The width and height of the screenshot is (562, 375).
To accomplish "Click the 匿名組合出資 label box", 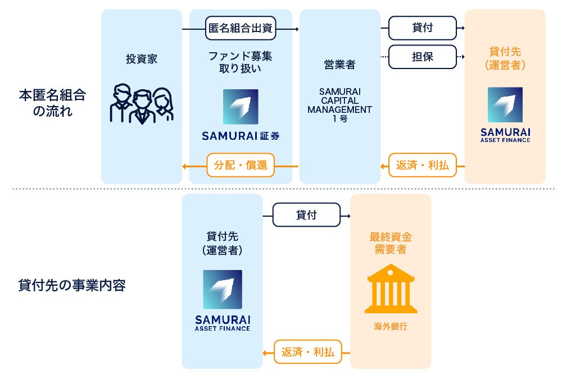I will [240, 28].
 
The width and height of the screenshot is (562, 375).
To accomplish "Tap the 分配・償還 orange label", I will [241, 166].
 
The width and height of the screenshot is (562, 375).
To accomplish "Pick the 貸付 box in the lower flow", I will [306, 215].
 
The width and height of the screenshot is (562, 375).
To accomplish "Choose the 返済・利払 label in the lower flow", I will [307, 353].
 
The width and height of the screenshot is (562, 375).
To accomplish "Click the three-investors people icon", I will [142, 104].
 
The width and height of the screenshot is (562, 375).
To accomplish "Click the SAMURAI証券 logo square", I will [241, 107].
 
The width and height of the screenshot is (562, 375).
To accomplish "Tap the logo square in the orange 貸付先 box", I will [505, 105].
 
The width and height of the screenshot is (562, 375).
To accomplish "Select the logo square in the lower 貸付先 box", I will [223, 290].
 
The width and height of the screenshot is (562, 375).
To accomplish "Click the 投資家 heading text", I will [142, 58].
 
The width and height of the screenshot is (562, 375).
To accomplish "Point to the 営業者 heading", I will [339, 65].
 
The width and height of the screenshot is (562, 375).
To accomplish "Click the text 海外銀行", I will [390, 326].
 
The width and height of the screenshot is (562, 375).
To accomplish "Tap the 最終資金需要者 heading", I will [390, 243].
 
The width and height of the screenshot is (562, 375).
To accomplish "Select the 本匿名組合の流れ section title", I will [52, 103].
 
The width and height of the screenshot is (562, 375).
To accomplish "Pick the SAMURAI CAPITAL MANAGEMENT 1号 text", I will [339, 104].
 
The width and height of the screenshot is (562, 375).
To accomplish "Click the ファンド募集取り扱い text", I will [241, 62].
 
